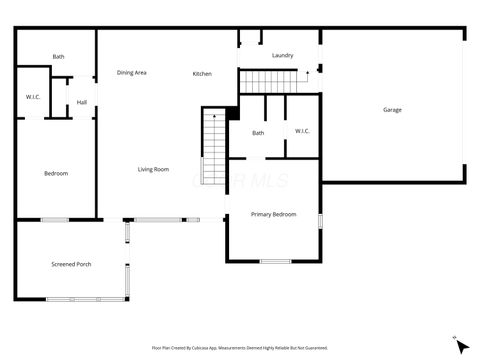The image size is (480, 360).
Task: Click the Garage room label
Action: pyautogui.click(x=392, y=109)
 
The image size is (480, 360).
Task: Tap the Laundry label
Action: pyautogui.click(x=282, y=55)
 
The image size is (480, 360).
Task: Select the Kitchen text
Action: pyautogui.click(x=202, y=74)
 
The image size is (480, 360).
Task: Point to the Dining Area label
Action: pyautogui.click(x=132, y=72)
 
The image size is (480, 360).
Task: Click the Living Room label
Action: pyautogui.click(x=153, y=169)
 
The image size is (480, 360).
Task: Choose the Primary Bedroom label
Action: pyautogui.click(x=273, y=214)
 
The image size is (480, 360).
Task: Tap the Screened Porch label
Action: pyautogui.click(x=71, y=264)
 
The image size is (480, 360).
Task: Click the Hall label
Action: pyautogui.click(x=82, y=102)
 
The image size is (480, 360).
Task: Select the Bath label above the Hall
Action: pyautogui.click(x=58, y=57)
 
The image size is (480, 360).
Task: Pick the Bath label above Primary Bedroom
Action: pyautogui.click(x=258, y=133)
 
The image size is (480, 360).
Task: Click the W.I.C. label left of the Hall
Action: pyautogui.click(x=32, y=97)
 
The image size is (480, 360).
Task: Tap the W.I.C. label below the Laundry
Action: pyautogui.click(x=303, y=131)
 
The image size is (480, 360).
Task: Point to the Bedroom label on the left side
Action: pyautogui.click(x=56, y=174)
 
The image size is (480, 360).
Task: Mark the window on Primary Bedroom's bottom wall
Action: pyautogui.click(x=275, y=261)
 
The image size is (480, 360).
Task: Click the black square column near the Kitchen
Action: pyautogui.click(x=232, y=113)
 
